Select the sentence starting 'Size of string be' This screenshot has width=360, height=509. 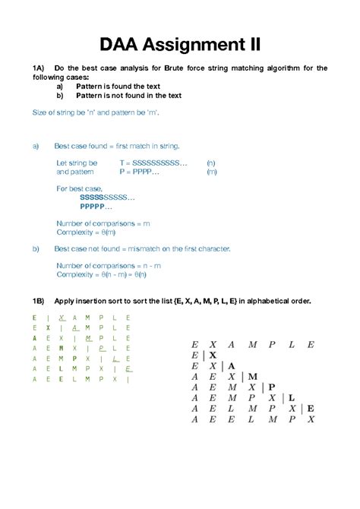[x=96, y=112]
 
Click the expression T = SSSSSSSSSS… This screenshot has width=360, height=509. [x=153, y=163]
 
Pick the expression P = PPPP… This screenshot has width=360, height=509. [x=139, y=172]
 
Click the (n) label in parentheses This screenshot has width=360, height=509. [x=211, y=163]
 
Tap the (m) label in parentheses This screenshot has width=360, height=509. [x=211, y=172]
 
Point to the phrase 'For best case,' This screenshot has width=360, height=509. [x=81, y=188]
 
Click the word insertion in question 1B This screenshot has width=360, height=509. [x=110, y=302]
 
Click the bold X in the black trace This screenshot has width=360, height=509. [x=213, y=355]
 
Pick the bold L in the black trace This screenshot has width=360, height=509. [x=292, y=397]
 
